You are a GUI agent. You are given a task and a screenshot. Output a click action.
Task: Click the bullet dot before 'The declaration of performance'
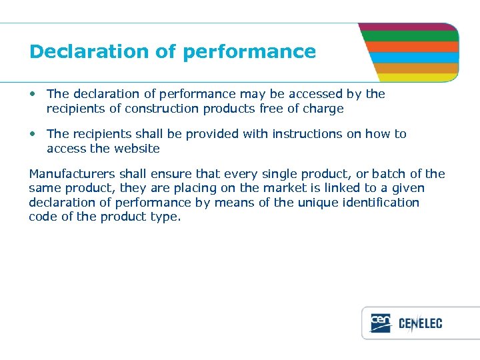pos(33,94)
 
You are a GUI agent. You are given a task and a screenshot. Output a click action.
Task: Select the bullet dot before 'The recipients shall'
pos(33,134)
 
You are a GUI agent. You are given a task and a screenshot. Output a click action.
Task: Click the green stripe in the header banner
pos(410,37)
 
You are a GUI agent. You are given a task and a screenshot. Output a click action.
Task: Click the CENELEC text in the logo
pos(420,324)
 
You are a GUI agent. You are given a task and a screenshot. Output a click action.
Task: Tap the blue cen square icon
pos(381,323)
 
